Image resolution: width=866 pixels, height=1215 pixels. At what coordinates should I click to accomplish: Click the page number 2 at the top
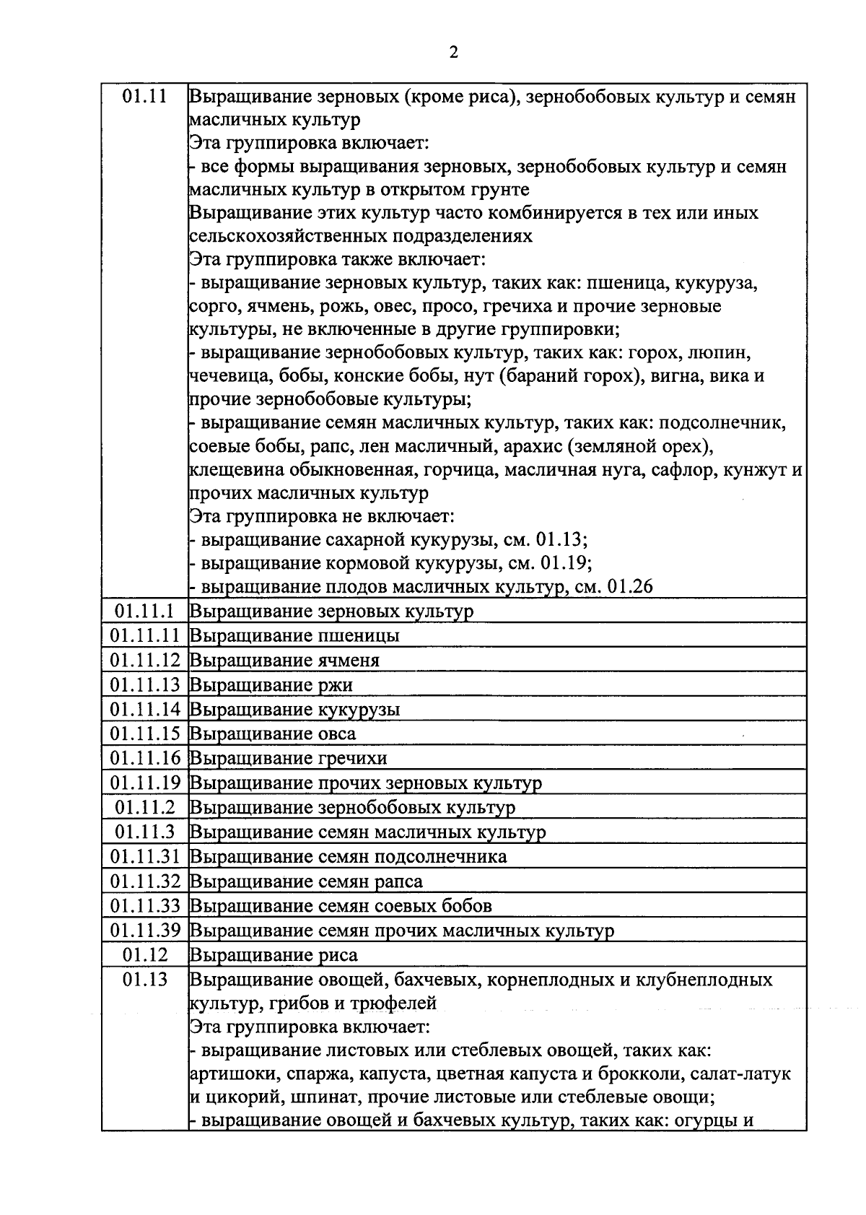tap(453, 52)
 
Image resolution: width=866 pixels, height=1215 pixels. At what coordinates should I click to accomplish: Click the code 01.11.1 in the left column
tap(144, 611)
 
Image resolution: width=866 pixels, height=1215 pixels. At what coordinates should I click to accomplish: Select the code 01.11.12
tap(144, 660)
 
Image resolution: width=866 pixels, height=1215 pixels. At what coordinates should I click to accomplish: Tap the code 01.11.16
tap(144, 758)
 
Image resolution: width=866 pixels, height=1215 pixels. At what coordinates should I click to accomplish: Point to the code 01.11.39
tap(144, 930)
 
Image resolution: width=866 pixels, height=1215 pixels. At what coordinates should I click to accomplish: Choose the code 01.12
tap(144, 954)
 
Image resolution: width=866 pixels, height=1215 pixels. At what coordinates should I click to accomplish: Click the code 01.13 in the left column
tap(144, 979)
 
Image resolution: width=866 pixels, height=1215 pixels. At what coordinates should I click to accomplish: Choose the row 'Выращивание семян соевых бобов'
tap(340, 905)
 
